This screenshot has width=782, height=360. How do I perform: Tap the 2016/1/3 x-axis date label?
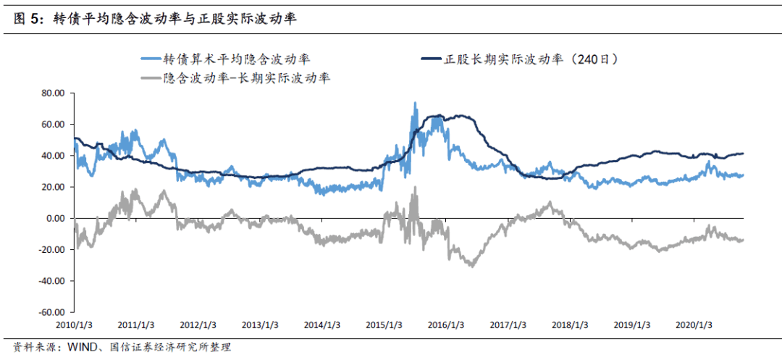[446, 325]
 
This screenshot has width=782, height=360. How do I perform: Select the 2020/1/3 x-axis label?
[694, 325]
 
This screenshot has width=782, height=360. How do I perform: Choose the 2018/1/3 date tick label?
[571, 325]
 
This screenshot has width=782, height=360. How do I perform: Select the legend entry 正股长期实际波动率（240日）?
[532, 59]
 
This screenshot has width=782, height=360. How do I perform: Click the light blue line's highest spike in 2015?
[415, 103]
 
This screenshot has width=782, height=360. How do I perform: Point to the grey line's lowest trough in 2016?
[472, 266]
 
